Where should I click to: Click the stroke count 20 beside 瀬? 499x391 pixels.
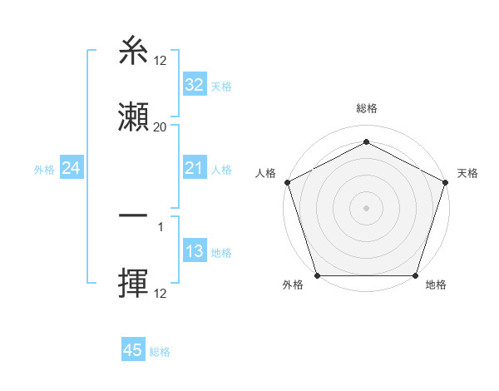click(161, 127)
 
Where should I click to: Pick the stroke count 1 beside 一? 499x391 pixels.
click(161, 225)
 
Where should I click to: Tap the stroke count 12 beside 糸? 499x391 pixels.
click(161, 62)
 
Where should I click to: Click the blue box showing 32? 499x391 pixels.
click(194, 85)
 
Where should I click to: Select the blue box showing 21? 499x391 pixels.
click(194, 169)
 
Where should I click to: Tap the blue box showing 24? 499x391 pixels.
click(72, 169)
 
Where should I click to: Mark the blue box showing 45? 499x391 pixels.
click(132, 350)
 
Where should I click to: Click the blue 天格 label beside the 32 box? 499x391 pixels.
click(221, 86)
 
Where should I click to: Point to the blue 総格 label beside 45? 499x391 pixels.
click(160, 351)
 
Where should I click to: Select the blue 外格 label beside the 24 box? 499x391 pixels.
click(44, 170)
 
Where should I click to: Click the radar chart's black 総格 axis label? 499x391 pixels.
click(366, 108)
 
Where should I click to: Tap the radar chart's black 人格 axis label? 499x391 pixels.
click(265, 173)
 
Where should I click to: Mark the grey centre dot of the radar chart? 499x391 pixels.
click(366, 207)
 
